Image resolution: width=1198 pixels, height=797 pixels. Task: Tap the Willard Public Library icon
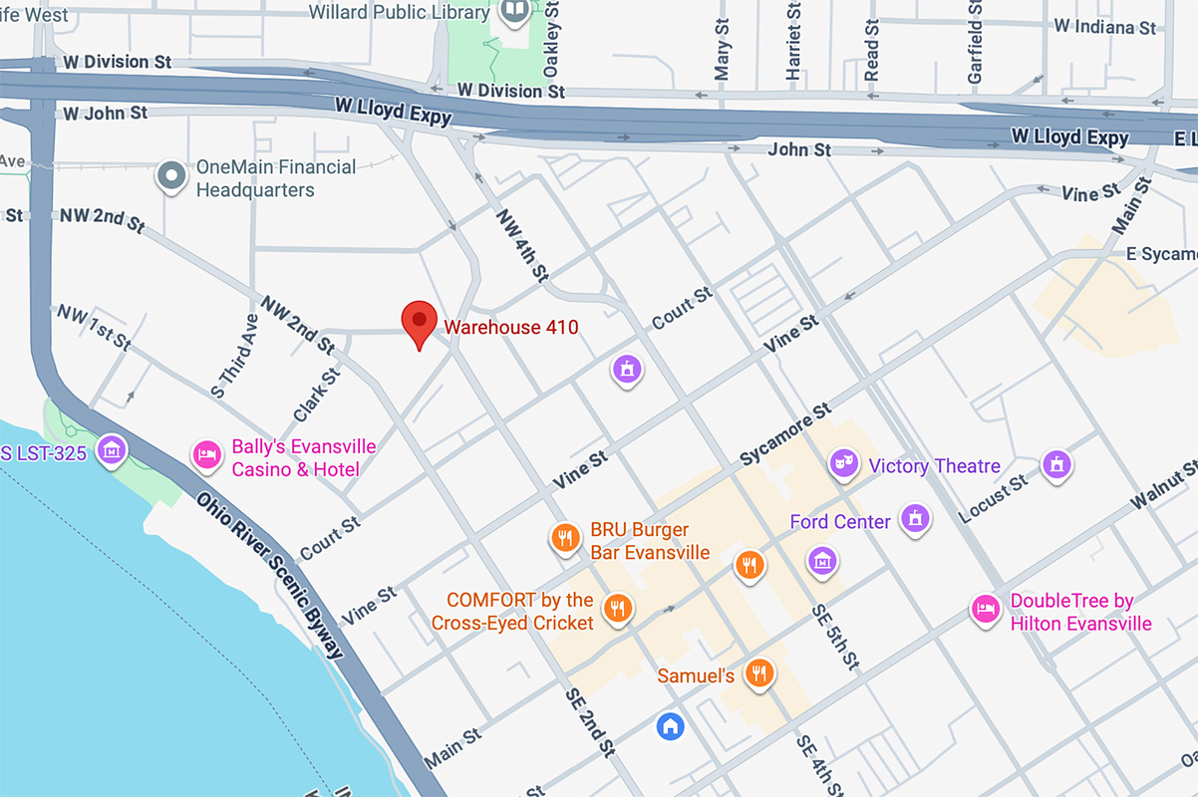click(514, 12)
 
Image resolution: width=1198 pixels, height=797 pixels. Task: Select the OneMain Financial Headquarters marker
click(172, 177)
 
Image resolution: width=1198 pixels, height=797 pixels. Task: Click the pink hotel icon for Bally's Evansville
click(206, 454)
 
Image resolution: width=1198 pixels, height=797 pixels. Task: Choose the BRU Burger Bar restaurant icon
click(565, 539)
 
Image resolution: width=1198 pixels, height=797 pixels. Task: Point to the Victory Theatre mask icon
click(844, 463)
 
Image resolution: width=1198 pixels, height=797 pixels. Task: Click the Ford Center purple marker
click(914, 517)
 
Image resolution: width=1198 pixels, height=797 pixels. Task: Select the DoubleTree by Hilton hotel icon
click(986, 609)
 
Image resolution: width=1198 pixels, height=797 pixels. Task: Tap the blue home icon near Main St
click(671, 725)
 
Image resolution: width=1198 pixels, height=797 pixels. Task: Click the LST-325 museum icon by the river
click(113, 450)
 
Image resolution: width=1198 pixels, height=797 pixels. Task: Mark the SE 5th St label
click(834, 638)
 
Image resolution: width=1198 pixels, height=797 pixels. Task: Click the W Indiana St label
click(1104, 26)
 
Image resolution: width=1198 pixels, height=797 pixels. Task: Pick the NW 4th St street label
click(522, 244)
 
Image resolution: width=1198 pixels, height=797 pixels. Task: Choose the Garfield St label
click(975, 42)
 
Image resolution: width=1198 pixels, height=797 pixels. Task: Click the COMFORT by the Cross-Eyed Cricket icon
click(618, 607)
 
